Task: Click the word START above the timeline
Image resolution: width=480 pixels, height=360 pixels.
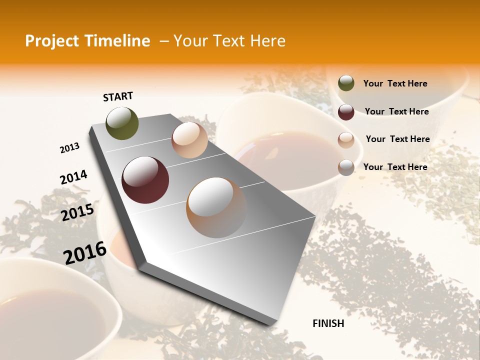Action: [118, 96]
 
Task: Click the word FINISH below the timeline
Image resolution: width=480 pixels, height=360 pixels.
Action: [328, 323]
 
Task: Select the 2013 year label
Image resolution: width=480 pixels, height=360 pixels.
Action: [69, 148]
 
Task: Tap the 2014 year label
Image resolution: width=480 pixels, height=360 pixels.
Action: [73, 177]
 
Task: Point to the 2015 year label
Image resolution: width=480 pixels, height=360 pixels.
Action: [77, 212]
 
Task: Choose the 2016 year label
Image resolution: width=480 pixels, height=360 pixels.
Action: [85, 253]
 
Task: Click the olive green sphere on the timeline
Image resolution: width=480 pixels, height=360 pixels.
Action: [122, 123]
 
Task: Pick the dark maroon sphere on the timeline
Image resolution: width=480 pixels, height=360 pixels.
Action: [145, 180]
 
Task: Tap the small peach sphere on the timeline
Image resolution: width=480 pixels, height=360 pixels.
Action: [189, 140]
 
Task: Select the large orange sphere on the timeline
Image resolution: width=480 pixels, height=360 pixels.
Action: [216, 207]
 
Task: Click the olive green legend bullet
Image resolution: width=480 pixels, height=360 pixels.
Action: [346, 83]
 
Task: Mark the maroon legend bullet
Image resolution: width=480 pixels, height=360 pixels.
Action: [346, 112]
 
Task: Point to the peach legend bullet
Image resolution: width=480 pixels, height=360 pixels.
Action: [346, 140]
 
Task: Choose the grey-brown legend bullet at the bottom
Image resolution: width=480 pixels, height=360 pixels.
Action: [346, 167]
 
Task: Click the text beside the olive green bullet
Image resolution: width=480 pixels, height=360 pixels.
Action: [395, 83]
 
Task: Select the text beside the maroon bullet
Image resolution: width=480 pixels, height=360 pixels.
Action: [396, 111]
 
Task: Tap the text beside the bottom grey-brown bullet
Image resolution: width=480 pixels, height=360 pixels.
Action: [395, 167]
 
